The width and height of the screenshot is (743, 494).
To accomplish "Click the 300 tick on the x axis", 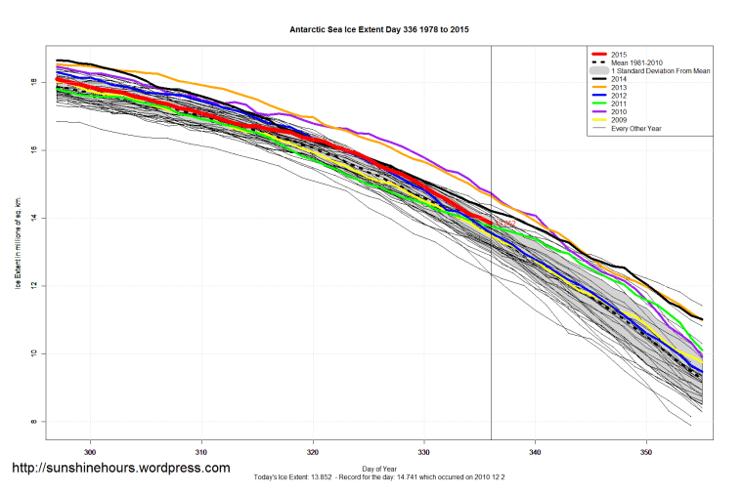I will (x=91, y=453).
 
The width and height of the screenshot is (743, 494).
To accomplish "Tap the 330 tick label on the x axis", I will (x=424, y=453).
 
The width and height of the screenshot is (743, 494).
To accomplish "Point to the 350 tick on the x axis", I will (x=646, y=453).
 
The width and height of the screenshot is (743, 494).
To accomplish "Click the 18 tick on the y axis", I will (x=33, y=83).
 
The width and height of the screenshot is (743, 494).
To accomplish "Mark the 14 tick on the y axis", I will (x=33, y=218).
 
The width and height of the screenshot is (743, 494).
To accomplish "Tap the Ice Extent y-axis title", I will (x=18, y=242).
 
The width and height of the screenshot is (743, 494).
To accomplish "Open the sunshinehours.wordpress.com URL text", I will (x=120, y=469).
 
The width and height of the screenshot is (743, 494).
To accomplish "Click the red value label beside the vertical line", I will (x=503, y=224).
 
